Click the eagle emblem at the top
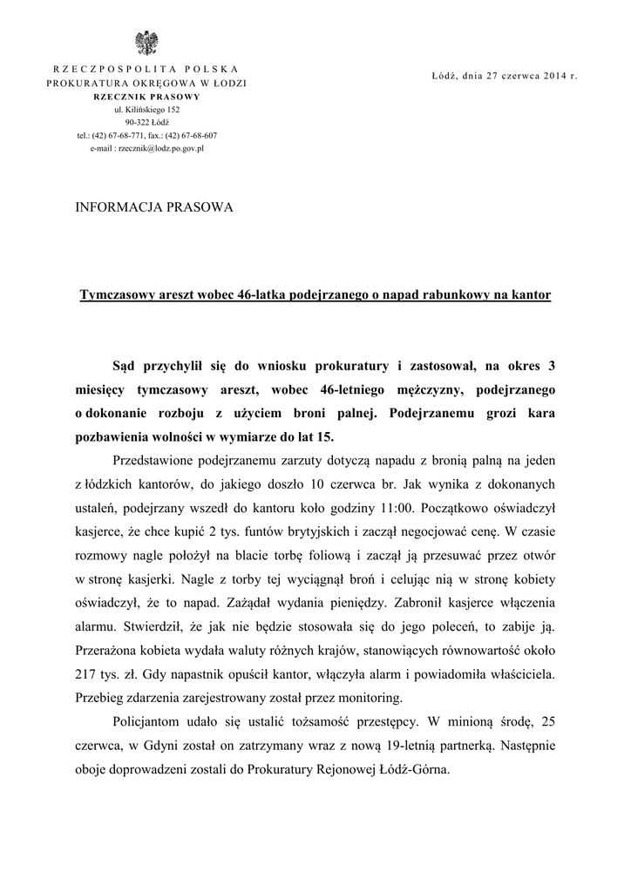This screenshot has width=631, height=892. (145, 41)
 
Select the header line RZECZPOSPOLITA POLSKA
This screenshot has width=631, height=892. (146, 68)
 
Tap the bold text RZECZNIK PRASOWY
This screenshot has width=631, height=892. (146, 96)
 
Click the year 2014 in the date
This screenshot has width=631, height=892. (552, 77)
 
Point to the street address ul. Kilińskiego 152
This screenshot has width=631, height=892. (146, 110)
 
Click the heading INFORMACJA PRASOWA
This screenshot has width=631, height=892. (155, 208)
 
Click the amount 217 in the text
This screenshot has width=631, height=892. (126, 673)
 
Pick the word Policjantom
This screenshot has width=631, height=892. (149, 722)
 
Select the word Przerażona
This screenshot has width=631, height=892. (113, 649)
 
